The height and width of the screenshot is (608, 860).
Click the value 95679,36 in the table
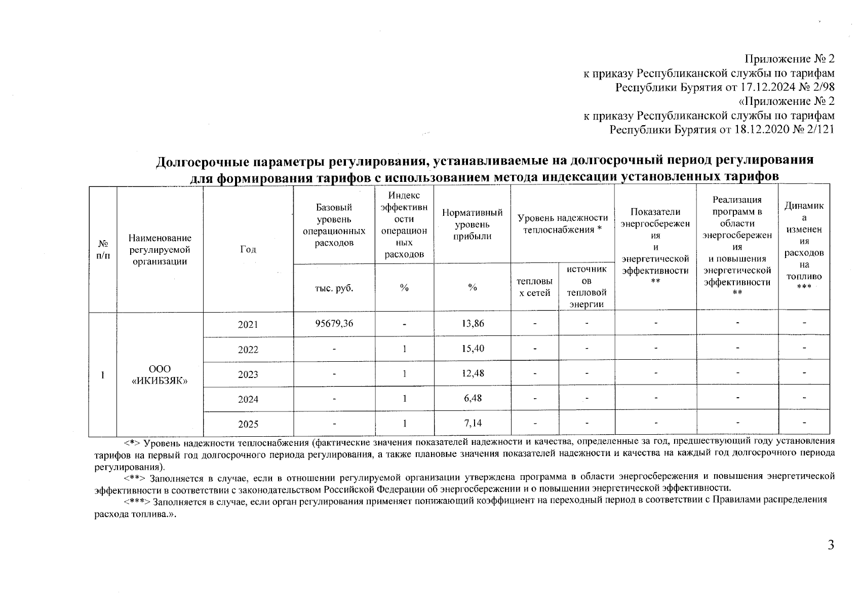coord(334,323)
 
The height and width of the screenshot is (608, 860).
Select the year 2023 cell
coord(248,374)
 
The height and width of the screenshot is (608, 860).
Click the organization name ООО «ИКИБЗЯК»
coord(160,374)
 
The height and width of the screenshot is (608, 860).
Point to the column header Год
coord(248,249)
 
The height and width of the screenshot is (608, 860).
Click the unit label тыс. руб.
coord(334,288)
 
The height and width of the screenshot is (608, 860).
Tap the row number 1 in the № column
coord(103,375)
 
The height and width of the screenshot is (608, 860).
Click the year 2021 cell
coord(248,324)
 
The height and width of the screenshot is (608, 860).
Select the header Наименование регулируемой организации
coord(160,249)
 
